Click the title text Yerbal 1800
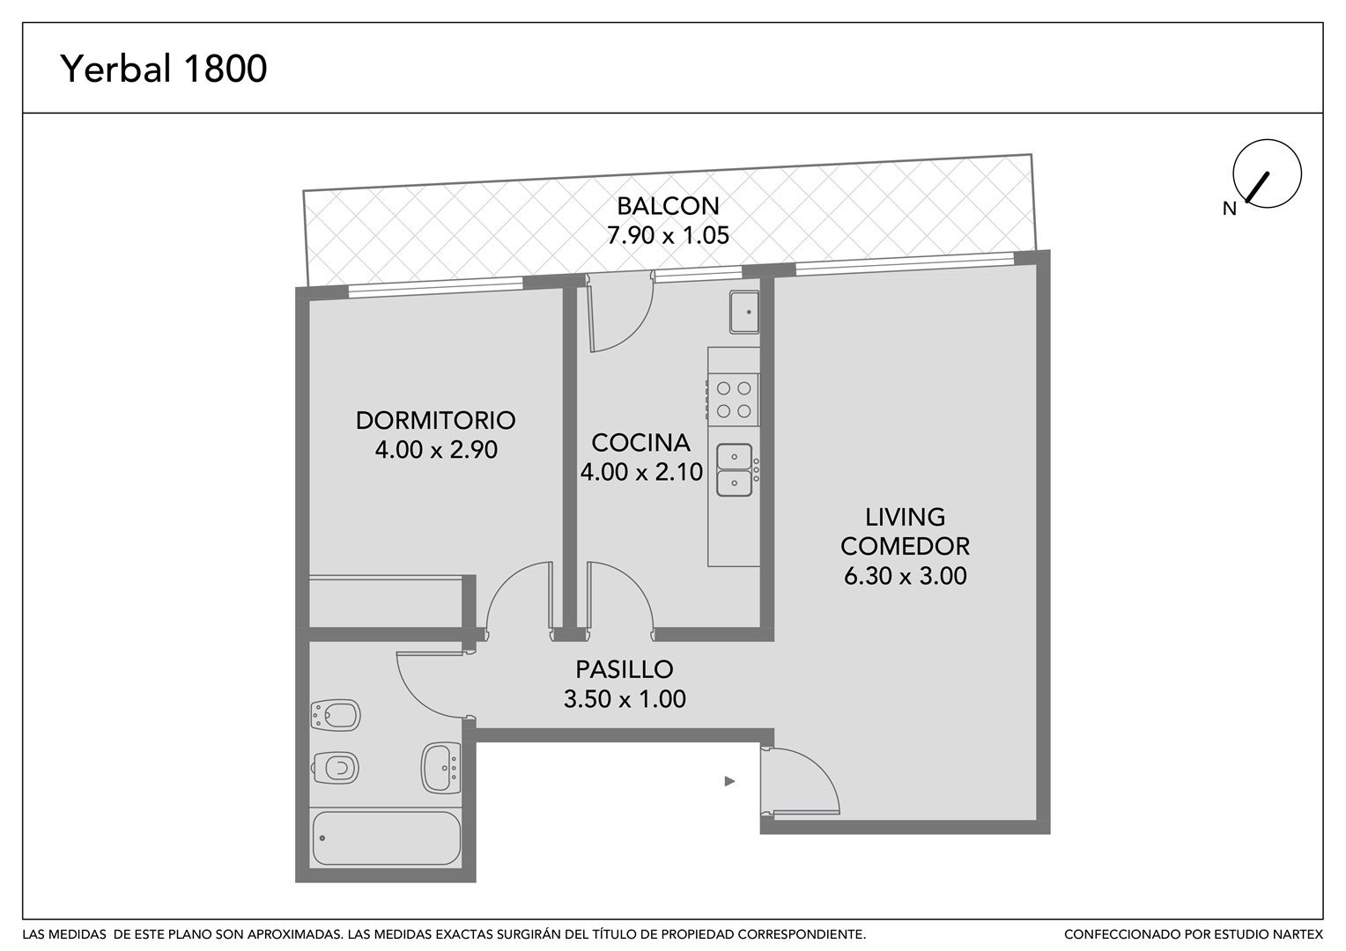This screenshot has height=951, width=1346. [164, 69]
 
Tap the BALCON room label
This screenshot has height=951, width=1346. [668, 206]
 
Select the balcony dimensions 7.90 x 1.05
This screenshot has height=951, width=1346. [668, 235]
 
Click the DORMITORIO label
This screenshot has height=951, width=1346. [436, 421]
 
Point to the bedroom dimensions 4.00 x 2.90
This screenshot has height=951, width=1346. [436, 450]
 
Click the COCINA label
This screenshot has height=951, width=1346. [640, 443]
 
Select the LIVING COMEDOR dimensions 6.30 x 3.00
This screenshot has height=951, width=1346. [905, 576]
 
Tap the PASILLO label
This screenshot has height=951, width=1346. [625, 669]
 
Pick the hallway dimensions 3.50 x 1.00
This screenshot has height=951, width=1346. [625, 698]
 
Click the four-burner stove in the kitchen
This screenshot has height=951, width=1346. [733, 400]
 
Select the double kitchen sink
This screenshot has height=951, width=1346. [735, 470]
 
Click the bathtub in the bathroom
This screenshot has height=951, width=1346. [387, 838]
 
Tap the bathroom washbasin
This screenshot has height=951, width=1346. [441, 768]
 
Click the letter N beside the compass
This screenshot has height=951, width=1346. [1230, 209]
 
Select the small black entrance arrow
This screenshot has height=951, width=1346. [729, 782]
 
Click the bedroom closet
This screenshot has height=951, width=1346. [386, 601]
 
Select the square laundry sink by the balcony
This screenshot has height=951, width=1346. [744, 312]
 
